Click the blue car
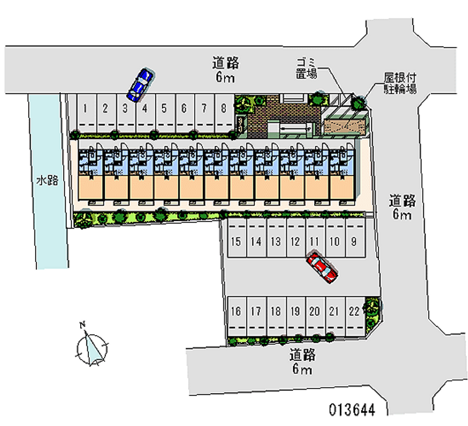[140, 84]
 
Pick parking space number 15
[236, 241]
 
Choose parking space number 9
[354, 241]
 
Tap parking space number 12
[295, 241]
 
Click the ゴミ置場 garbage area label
[305, 68]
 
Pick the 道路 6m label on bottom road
[302, 362]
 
